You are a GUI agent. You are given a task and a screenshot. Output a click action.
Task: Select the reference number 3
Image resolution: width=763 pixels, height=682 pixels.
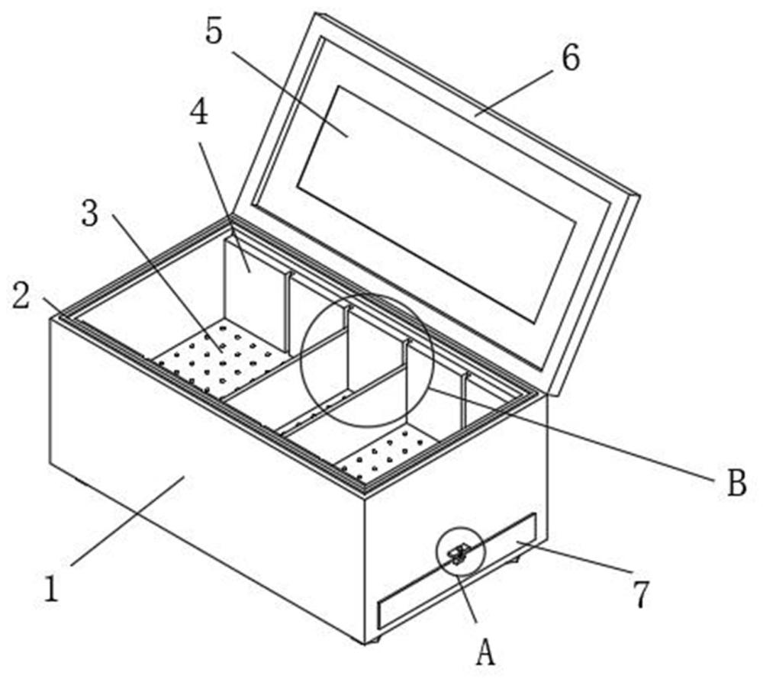[90, 214]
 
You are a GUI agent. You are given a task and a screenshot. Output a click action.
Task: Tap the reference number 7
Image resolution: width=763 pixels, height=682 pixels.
[641, 595]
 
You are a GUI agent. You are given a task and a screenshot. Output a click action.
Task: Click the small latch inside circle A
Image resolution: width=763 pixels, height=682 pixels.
[458, 555]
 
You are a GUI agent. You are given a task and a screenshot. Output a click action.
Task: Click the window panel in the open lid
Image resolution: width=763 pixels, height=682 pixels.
[435, 202]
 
